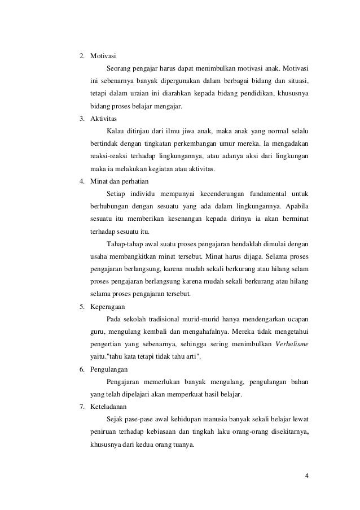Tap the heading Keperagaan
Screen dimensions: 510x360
pos(109,307)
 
